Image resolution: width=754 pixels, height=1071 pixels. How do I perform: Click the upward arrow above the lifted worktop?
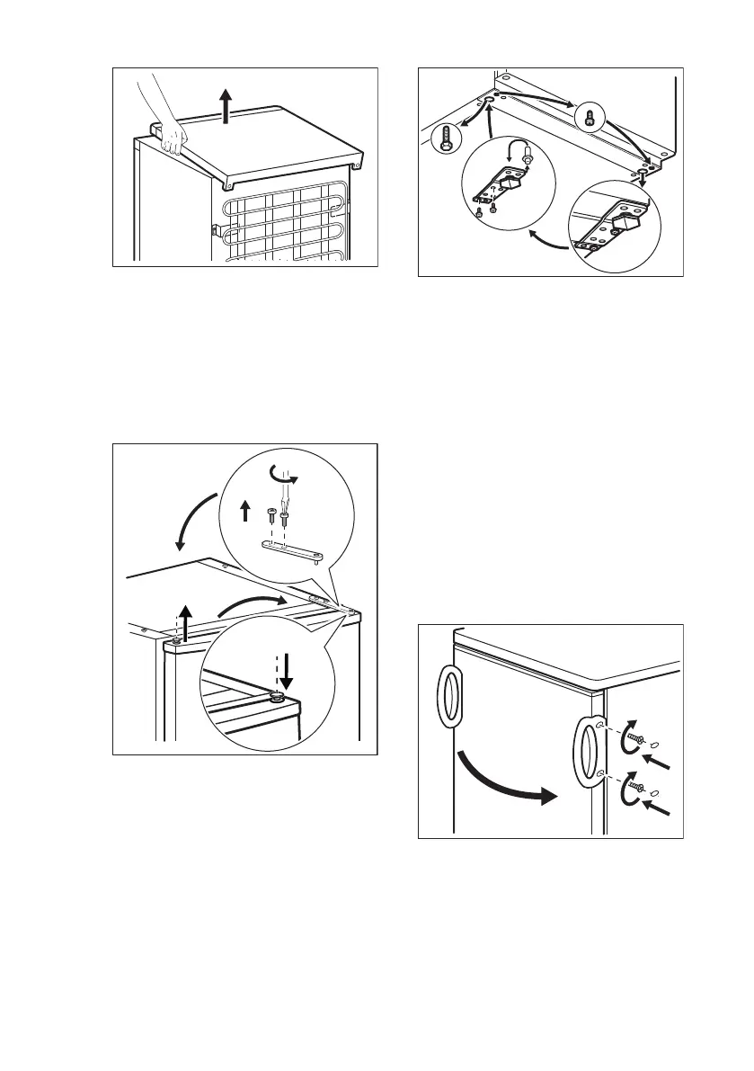point(227,106)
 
